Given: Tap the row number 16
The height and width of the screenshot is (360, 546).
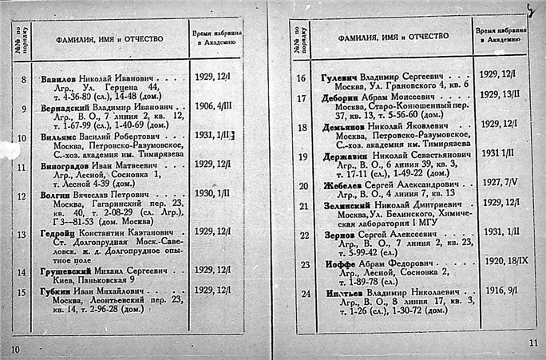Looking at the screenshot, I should point(301,78).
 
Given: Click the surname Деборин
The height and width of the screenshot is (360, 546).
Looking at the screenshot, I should point(340,97).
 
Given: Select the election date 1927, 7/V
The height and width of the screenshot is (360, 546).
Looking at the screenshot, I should point(499,184).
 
